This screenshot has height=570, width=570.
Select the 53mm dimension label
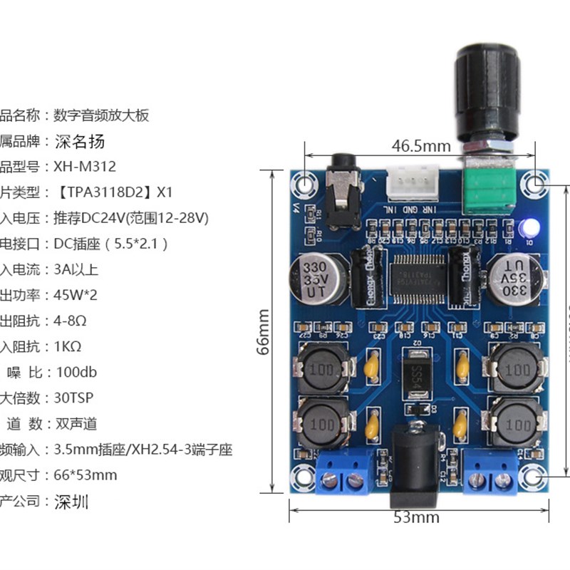[417, 517]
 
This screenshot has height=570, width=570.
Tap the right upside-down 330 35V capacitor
[514, 280]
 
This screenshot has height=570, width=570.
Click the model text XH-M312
[85, 167]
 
